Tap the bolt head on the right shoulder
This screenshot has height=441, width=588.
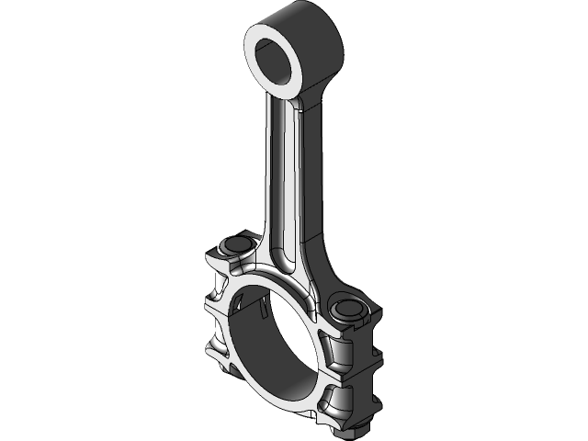coord(349,308)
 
